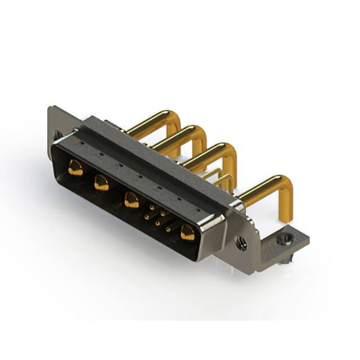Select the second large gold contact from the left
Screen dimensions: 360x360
[101, 182]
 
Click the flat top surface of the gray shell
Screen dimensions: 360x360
[157, 157]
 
